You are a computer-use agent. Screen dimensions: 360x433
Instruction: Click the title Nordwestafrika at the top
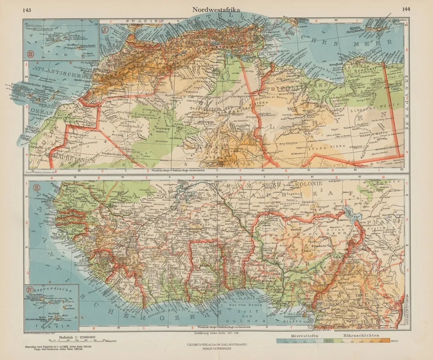(x=216, y=9)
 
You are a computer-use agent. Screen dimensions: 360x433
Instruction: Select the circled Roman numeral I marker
(x=105, y=31)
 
